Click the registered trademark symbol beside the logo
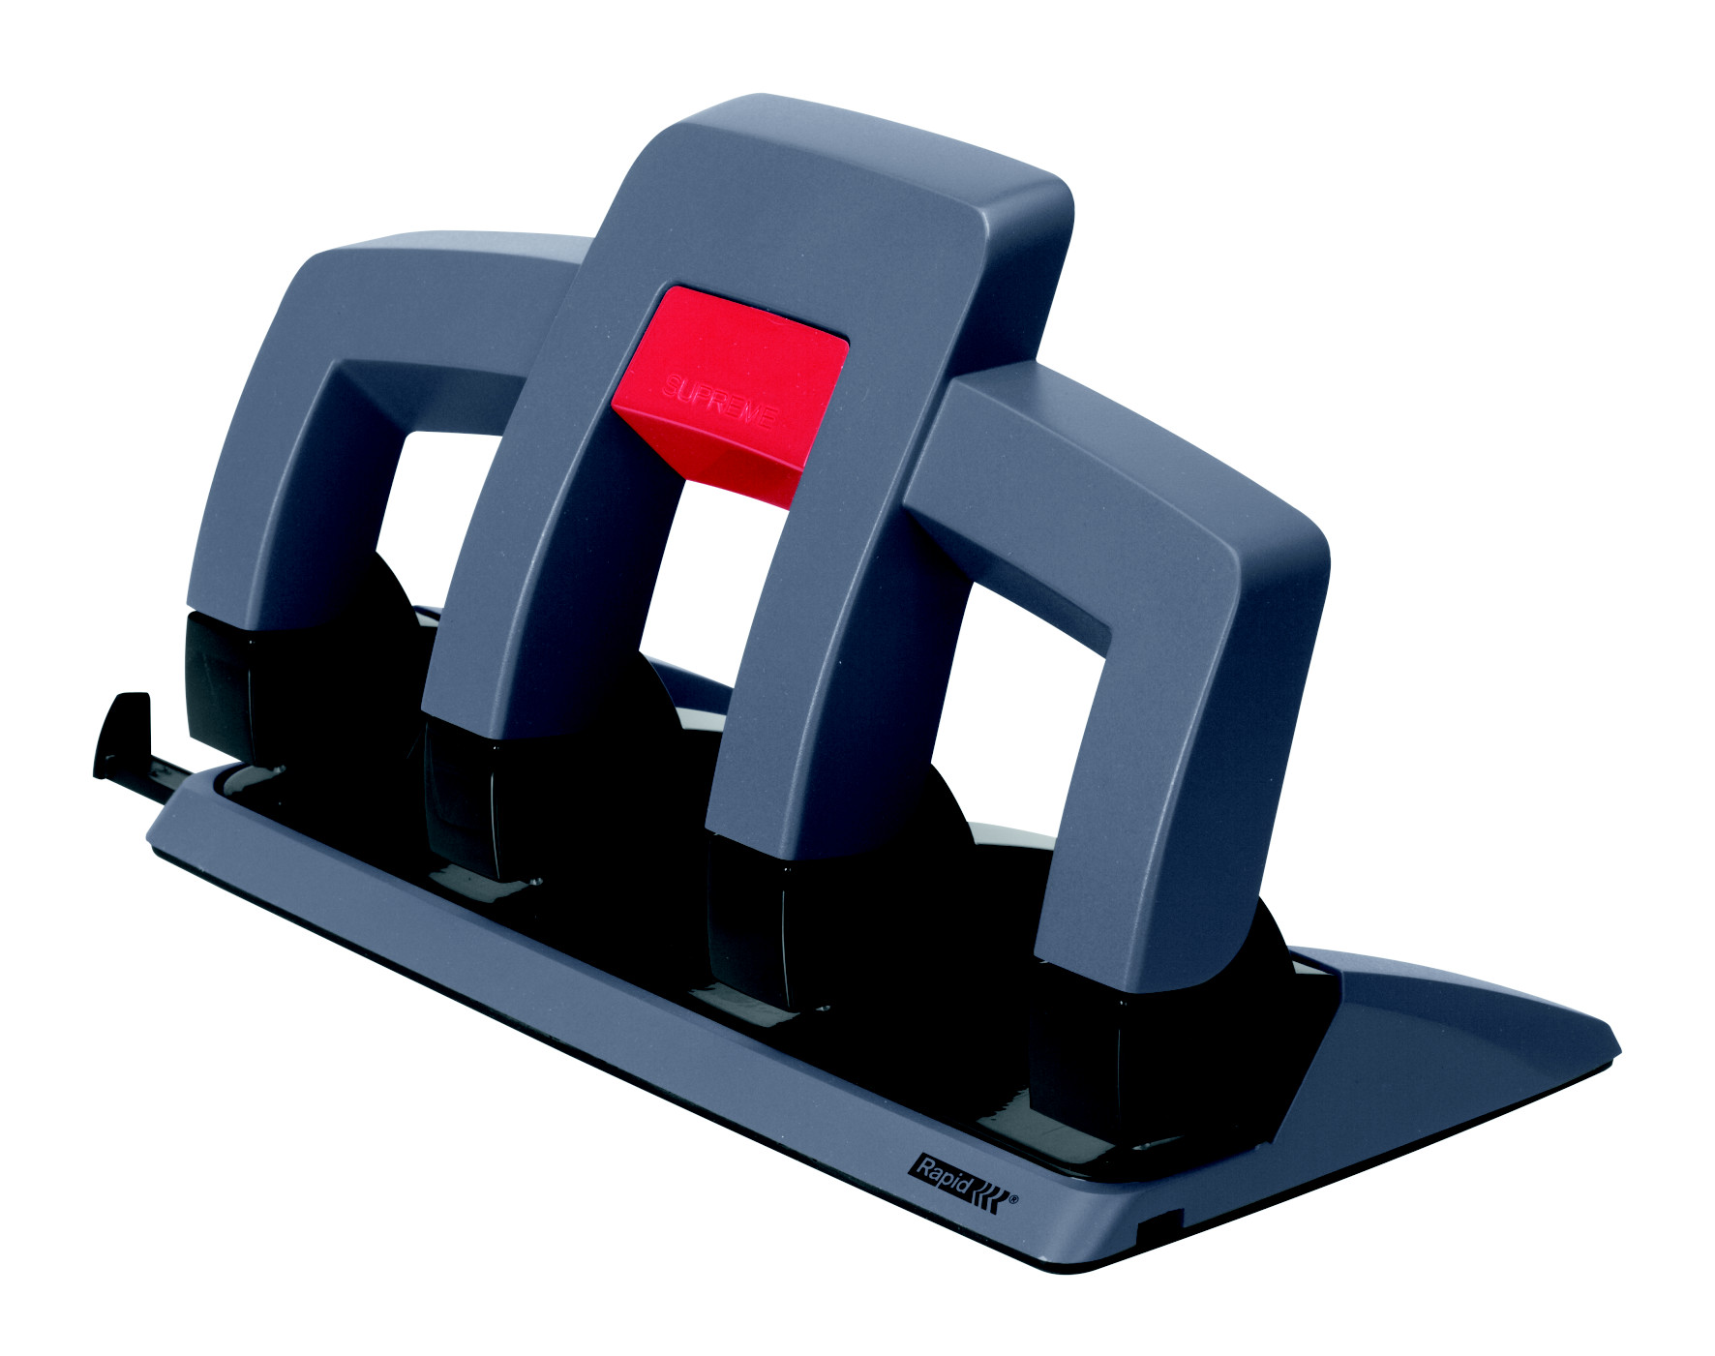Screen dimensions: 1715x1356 click(1013, 1201)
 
